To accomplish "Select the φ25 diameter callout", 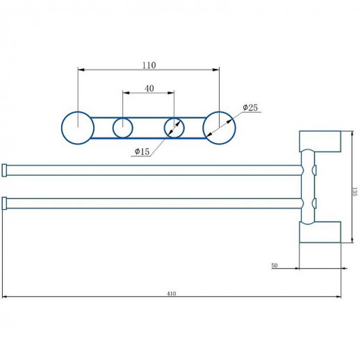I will click(x=250, y=107).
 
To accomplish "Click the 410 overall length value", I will click(x=172, y=293).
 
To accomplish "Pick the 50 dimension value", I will click(x=275, y=265).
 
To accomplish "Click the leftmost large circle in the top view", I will click(x=78, y=128).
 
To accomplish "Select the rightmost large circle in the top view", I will click(x=219, y=128).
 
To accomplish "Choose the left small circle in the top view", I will click(x=123, y=128).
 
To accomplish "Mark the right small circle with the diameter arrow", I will click(x=174, y=128).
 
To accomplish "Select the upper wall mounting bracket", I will click(x=320, y=142).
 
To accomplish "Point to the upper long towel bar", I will click(x=153, y=170).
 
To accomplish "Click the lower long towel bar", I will click(x=153, y=204).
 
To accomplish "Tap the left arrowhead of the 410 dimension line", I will click(x=5, y=297).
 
